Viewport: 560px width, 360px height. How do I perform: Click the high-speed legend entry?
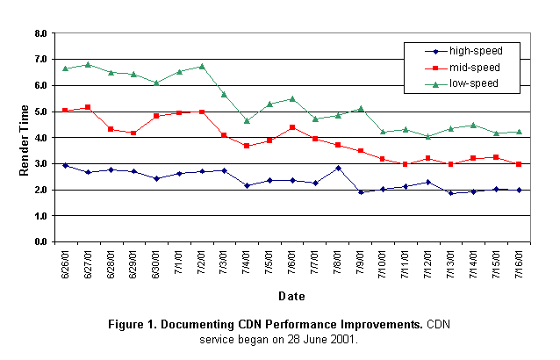click(x=470, y=51)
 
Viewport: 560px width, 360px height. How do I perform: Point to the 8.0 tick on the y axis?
click(x=41, y=34)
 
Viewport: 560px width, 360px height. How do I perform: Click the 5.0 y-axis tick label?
click(x=41, y=112)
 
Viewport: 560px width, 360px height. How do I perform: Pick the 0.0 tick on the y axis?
click(x=41, y=241)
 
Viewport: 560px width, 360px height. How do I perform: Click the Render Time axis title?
click(x=24, y=136)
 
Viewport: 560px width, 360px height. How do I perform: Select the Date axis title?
click(x=292, y=296)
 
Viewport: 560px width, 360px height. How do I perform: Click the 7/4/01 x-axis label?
click(x=248, y=262)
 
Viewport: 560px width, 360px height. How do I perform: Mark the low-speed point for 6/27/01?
click(x=88, y=64)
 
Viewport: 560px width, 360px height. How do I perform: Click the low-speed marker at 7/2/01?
click(x=202, y=66)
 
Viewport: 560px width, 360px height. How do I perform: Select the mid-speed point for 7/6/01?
click(x=292, y=127)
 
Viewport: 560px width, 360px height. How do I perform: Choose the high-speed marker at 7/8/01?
click(x=338, y=168)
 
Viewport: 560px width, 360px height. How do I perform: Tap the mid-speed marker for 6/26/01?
click(x=65, y=111)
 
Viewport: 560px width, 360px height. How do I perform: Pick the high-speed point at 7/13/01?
click(x=452, y=192)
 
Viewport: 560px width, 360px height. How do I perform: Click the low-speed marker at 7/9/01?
click(x=361, y=109)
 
